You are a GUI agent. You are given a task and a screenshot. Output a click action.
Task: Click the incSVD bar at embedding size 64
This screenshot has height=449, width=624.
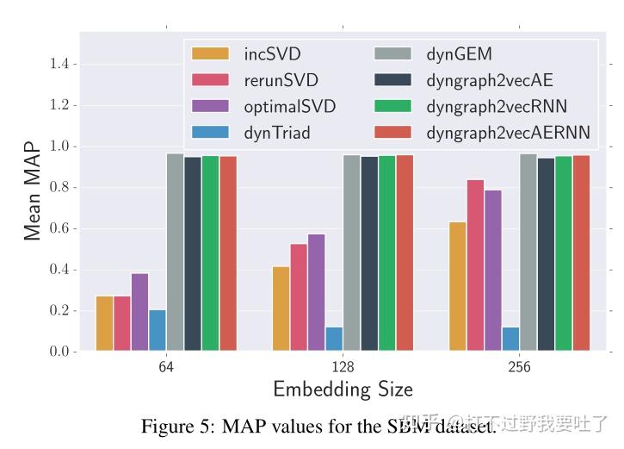(104, 323)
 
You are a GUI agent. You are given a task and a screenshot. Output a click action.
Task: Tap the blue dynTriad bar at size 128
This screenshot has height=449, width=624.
(333, 339)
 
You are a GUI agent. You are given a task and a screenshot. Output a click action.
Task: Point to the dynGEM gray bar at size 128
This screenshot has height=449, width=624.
(351, 253)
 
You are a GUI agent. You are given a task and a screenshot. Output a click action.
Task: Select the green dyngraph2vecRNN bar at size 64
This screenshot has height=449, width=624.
(210, 253)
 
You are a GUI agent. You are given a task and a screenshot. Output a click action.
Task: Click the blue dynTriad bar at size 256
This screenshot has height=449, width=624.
(510, 339)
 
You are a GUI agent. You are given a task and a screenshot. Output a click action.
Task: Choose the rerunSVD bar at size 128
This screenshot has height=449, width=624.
(299, 297)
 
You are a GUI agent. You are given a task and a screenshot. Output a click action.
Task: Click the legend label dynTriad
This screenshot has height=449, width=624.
(277, 133)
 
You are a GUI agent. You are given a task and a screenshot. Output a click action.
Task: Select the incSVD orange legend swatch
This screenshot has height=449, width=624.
(211, 54)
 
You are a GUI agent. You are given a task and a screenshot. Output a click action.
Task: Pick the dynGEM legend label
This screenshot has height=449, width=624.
(459, 54)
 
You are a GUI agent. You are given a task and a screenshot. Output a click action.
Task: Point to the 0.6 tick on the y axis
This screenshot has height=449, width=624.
(59, 228)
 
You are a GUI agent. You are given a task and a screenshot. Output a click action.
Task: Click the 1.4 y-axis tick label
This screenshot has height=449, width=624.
(59, 64)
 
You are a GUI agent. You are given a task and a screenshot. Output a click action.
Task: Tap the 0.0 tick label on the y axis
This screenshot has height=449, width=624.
(59, 352)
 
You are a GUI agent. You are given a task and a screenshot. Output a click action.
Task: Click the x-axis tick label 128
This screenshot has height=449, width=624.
(343, 367)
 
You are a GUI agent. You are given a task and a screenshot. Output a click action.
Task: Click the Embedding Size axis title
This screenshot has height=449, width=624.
(343, 389)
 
